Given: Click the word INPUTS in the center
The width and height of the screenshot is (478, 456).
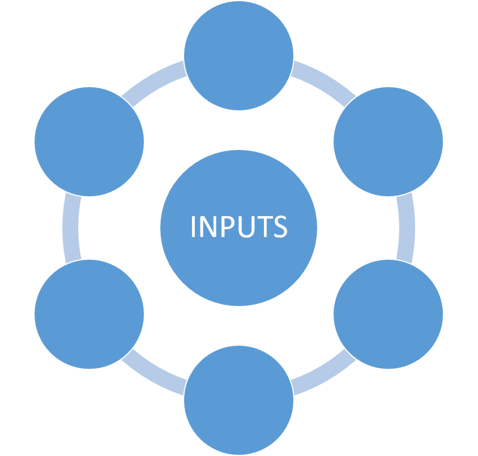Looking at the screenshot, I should (238, 227).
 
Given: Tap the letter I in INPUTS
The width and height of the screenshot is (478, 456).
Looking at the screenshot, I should (194, 227).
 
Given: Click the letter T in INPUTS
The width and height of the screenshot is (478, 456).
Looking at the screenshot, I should (264, 227).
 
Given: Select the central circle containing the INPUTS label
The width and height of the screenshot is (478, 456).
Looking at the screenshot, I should (238, 260).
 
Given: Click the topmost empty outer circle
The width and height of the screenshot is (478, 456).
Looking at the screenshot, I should (238, 55).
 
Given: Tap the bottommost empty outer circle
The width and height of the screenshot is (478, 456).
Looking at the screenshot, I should (238, 399).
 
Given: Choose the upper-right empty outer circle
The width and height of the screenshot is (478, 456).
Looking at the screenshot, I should (388, 141).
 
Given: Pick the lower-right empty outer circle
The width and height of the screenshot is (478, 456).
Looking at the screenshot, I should (388, 314).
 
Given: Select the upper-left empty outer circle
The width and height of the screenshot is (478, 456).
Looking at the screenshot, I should (89, 141).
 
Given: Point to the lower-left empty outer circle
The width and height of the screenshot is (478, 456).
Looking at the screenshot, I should (89, 314).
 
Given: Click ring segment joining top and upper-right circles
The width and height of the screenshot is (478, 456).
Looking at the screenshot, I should (320, 79).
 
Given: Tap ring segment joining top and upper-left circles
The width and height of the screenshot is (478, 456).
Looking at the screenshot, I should (157, 79).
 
